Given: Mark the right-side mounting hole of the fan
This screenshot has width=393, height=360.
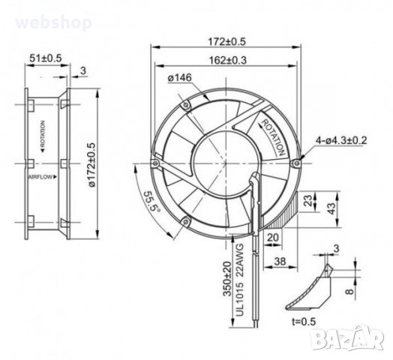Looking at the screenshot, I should tap(300, 160).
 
